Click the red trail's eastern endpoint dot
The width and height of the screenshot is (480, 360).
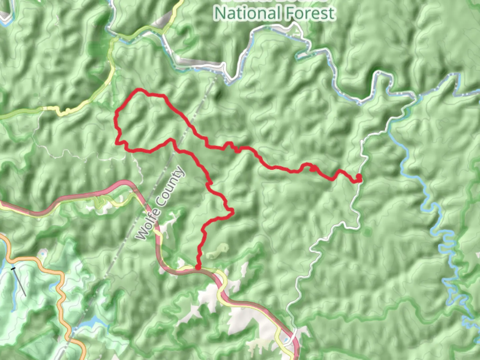tap(359, 176)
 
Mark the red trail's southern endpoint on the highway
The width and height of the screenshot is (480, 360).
tap(198, 267)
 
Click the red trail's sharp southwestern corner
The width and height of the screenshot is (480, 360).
tap(116, 143)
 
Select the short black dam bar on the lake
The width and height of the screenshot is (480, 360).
tap(13, 268)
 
